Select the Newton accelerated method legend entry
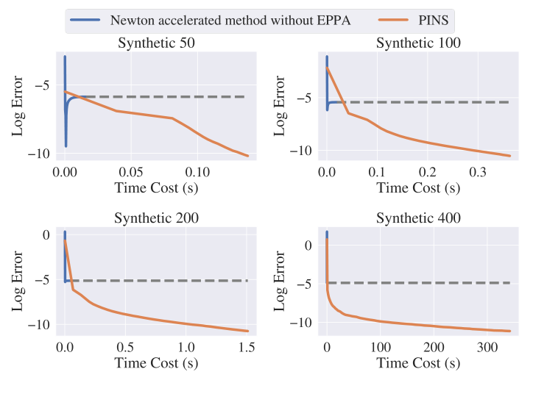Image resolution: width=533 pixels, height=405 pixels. click(x=229, y=20)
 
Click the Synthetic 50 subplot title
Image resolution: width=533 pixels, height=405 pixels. click(x=156, y=43)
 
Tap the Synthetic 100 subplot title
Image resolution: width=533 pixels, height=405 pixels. click(x=418, y=43)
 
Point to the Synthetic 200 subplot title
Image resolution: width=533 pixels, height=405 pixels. click(x=156, y=218)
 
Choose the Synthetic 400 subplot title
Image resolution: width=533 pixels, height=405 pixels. click(x=418, y=218)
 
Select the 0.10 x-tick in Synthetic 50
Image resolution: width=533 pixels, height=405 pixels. click(x=197, y=171)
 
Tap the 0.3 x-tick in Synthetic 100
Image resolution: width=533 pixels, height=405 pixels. click(x=478, y=171)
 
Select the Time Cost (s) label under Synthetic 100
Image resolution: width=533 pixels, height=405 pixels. click(x=418, y=187)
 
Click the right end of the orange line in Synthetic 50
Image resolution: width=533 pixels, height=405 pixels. click(x=248, y=156)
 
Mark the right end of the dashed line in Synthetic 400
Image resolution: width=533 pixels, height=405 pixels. click(x=510, y=282)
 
